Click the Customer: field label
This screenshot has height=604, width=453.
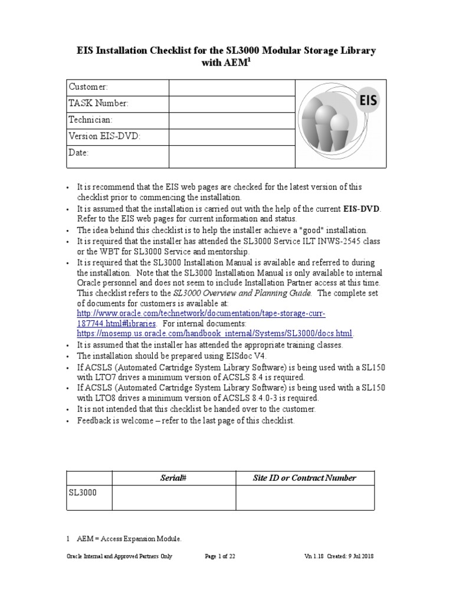point(88,87)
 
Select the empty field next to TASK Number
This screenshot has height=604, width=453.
point(231,104)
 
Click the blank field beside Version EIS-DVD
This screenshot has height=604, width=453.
point(231,137)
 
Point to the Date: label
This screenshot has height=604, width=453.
point(79,153)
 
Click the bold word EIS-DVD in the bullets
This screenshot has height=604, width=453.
point(362,209)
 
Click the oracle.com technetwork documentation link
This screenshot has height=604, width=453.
point(201,313)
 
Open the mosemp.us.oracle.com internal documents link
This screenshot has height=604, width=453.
point(215,334)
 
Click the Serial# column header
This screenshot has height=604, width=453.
point(174,478)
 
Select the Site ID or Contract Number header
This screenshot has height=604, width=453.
point(304,478)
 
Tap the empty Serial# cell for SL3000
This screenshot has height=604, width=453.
point(174,498)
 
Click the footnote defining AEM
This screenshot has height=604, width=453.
point(127,539)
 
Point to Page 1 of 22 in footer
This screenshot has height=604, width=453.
point(219,556)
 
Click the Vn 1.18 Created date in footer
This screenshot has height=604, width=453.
point(339,556)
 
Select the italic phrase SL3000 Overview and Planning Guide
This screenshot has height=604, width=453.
point(243,293)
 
